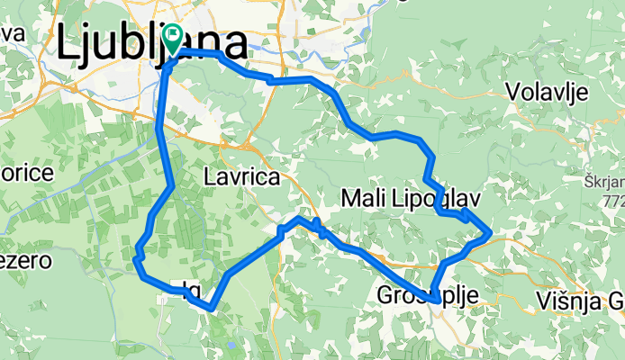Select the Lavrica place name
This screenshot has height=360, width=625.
point(241,177)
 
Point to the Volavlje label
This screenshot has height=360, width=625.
point(547,92)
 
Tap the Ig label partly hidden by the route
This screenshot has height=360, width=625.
point(190,289)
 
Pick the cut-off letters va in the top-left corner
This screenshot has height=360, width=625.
point(11,33)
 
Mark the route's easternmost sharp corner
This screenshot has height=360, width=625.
point(489,234)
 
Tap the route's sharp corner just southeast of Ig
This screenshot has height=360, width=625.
point(211,308)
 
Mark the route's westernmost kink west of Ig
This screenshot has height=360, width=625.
point(136,260)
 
